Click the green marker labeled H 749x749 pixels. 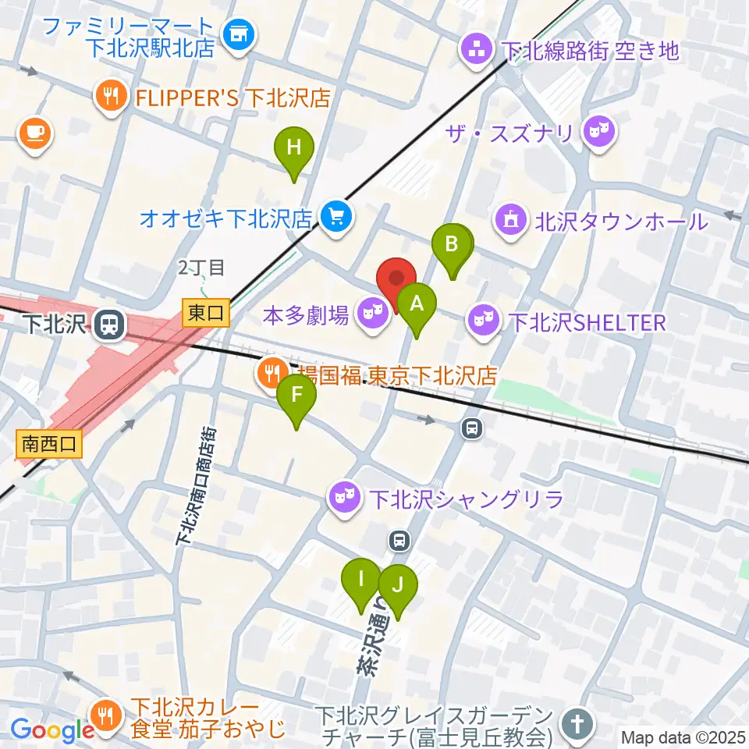293,148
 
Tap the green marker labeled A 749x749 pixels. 417,304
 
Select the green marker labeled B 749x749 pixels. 452,245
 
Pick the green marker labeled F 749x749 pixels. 296,396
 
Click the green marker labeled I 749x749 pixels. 361,580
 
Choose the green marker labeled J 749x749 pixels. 398,585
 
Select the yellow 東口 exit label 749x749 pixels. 207,313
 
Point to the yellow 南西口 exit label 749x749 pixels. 49,445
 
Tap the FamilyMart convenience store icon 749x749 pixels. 236,34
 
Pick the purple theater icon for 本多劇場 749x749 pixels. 372,314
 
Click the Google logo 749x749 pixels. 52,729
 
